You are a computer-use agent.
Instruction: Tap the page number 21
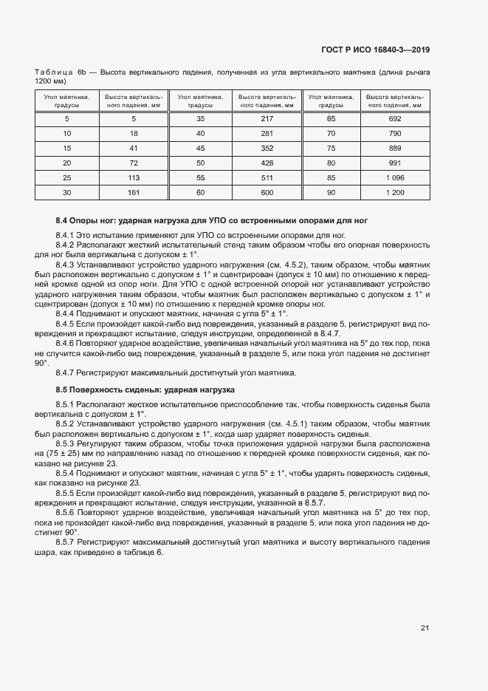tap(425, 628)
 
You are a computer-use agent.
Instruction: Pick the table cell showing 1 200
tap(394, 192)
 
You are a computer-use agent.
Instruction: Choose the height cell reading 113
tap(134, 177)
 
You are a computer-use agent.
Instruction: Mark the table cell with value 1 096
tap(394, 177)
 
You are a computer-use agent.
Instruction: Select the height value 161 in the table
tap(134, 192)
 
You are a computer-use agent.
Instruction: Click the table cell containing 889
tap(394, 148)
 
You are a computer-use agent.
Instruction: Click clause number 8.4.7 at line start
tap(67, 372)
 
